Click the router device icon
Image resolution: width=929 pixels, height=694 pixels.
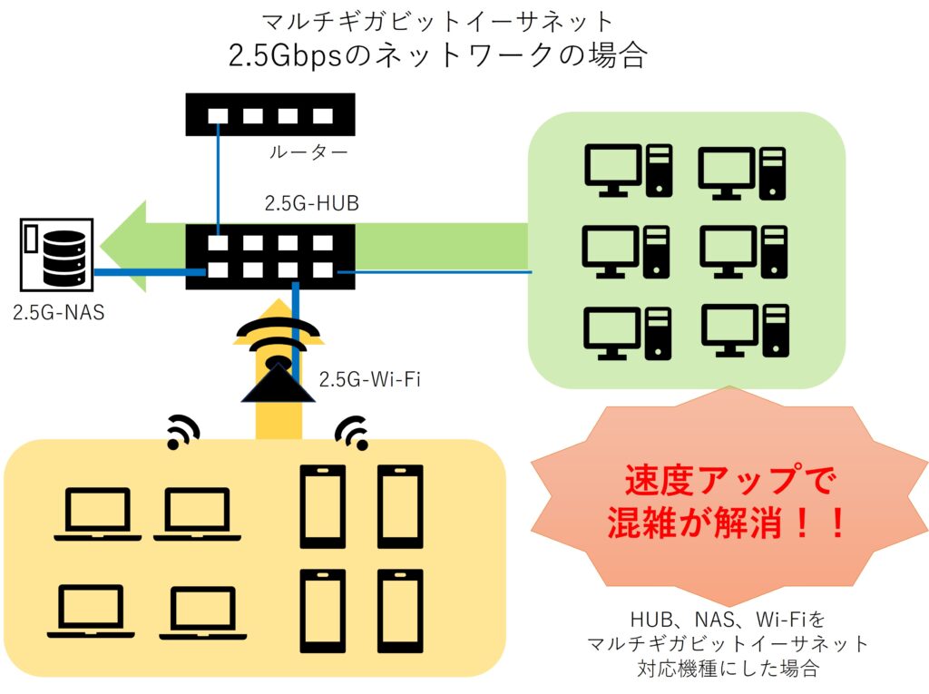pos(270,114)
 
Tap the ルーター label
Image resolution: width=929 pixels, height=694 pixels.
pos(308,153)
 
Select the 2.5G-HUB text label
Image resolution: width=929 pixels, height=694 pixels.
pos(312,203)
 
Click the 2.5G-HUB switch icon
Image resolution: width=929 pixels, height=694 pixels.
pos(270,257)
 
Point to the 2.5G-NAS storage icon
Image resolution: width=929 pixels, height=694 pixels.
pos(57,255)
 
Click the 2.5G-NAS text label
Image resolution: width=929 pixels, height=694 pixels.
pos(59,312)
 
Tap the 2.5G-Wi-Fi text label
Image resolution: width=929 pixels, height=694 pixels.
pos(370,379)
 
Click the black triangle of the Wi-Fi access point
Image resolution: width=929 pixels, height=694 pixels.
pos(278,383)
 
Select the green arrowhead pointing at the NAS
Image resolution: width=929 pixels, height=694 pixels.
pos(123,247)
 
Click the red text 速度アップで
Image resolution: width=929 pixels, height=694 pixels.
pos(730,480)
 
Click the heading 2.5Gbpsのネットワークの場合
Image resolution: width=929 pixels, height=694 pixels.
pos(438,55)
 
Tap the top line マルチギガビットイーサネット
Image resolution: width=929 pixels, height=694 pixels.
pos(438,22)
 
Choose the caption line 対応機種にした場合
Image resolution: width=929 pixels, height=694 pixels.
pos(729,669)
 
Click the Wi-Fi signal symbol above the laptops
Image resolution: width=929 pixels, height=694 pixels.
pos(182,431)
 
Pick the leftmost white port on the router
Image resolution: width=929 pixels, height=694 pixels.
pos(218,115)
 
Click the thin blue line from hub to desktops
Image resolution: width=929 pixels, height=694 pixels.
pos(435,272)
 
